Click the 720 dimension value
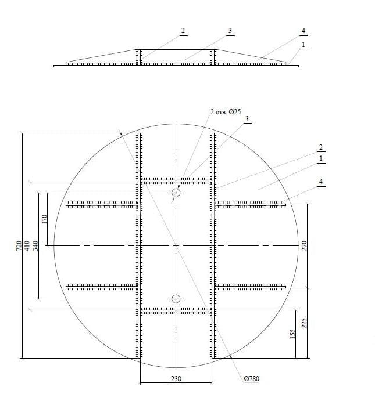click(x=19, y=245)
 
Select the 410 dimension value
click(x=27, y=245)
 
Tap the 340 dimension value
click(x=35, y=245)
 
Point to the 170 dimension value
click(x=44, y=219)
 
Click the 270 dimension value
click(x=304, y=245)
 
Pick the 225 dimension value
click(x=304, y=323)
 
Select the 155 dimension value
click(x=292, y=334)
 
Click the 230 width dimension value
click(x=176, y=379)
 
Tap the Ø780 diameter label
click(x=251, y=379)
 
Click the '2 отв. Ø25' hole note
click(x=226, y=112)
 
